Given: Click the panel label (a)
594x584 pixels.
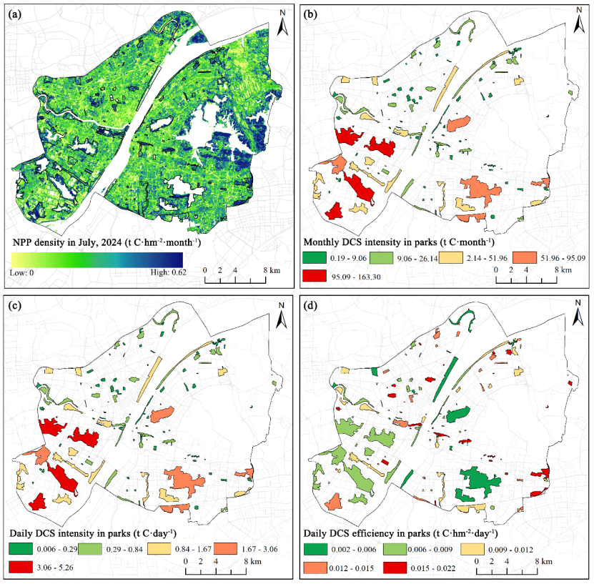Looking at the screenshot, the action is pos(14,14).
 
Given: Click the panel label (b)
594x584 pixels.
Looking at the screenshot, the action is pos(310,14).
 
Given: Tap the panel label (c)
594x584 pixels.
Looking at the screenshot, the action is pos(14,306).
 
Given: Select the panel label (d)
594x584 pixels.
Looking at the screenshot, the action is pos(310,306).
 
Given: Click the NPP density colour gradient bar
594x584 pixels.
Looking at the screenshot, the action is pos(97,259).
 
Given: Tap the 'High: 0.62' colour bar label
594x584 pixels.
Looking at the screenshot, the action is pos(168,272).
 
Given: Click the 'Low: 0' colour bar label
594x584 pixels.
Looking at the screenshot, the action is pos(21,272).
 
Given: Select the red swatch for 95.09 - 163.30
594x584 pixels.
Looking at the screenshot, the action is pos(315,276).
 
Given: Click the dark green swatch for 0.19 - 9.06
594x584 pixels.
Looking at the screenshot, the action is pos(315,257).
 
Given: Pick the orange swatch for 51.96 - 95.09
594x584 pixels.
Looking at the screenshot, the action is pos(525,257).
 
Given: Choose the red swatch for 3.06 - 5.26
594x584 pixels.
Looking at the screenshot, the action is pos(21,567).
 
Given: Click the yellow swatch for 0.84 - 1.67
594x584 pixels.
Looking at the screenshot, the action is pos(159,549).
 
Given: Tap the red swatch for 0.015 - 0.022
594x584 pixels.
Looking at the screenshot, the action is pos(395,568).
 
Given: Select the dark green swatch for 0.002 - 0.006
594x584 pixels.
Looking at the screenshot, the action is pos(315,549).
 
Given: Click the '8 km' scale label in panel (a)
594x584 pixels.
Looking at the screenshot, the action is pos(272,270).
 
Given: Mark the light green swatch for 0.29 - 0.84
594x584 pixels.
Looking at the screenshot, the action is pos(90,549).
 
